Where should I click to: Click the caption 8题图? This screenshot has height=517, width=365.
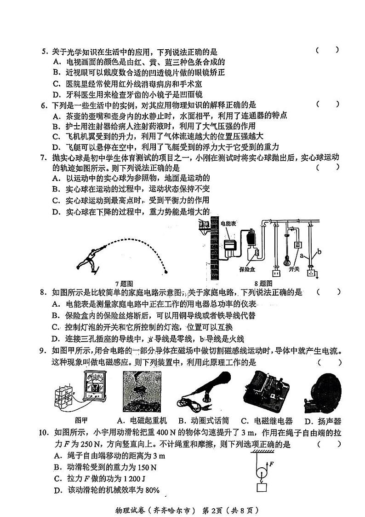click(262, 284)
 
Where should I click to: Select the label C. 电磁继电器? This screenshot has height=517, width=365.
click(267, 420)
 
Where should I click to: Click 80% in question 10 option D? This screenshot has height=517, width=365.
click(151, 490)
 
